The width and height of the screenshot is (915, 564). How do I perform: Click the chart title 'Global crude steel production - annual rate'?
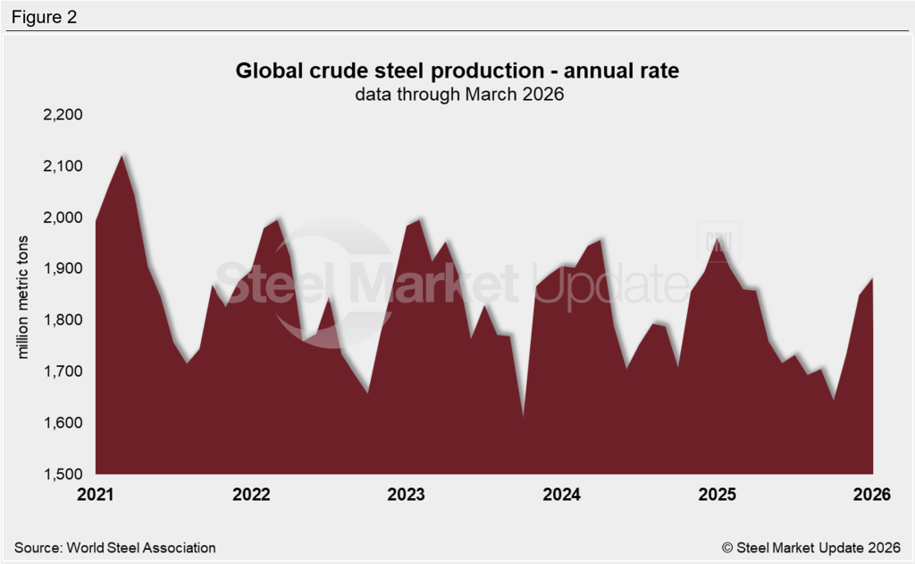point(457,71)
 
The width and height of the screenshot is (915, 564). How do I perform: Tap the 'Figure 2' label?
point(45,17)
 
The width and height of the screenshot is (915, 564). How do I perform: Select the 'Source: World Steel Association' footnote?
point(115,547)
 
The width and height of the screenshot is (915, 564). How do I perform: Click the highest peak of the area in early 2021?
point(122,156)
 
